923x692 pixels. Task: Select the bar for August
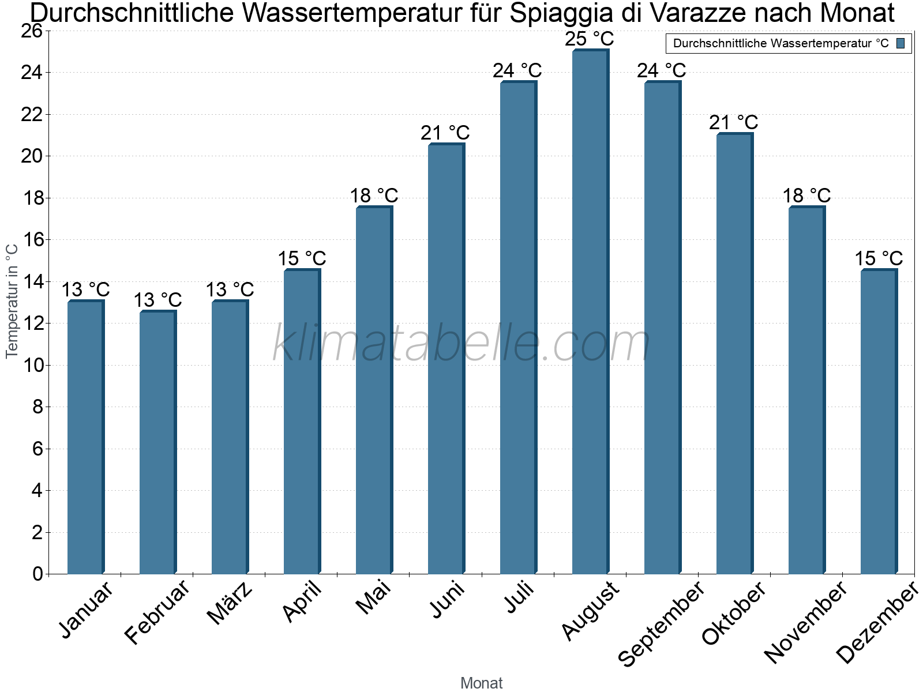tap(590, 311)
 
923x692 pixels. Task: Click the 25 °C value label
tap(590, 39)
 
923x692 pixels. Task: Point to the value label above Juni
tap(445, 133)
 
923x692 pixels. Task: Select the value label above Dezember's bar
tap(879, 258)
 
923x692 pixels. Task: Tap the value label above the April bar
tap(302, 258)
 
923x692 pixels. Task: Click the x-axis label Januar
tap(87, 610)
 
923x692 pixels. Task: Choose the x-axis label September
tap(661, 624)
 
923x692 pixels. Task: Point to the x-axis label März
tap(230, 603)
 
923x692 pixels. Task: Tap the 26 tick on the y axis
tap(32, 31)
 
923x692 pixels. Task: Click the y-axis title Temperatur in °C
tap(12, 301)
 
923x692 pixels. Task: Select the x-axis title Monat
tap(482, 683)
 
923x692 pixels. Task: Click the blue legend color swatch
tap(901, 43)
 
